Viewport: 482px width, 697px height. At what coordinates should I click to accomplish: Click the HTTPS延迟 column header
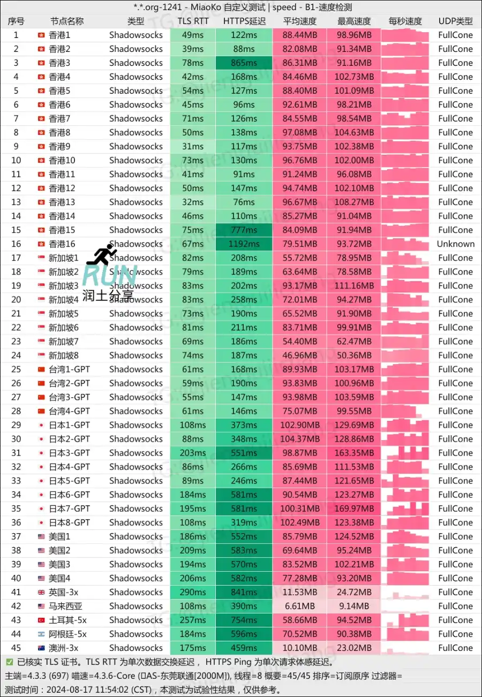click(244, 21)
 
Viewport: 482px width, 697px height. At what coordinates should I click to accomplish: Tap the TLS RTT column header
click(193, 21)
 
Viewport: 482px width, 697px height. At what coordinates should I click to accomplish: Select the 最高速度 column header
click(354, 21)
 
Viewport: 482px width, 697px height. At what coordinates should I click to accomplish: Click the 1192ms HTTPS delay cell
click(244, 244)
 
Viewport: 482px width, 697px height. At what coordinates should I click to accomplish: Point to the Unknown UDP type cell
click(455, 244)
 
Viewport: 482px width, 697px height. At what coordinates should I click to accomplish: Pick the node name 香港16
click(62, 244)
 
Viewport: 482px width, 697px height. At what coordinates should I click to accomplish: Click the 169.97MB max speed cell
click(354, 509)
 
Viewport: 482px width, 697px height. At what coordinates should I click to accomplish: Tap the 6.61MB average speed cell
click(300, 606)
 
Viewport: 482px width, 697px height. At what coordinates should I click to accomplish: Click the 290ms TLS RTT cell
click(193, 592)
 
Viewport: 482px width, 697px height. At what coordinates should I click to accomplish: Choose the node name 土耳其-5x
click(67, 620)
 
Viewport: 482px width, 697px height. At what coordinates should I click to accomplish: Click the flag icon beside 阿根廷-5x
click(41, 634)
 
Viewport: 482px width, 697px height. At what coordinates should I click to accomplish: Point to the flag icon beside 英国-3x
click(41, 592)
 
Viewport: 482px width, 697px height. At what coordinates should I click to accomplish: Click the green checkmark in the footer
click(10, 662)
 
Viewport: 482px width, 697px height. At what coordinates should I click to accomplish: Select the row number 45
click(16, 648)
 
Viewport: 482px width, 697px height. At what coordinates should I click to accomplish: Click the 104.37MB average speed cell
click(300, 439)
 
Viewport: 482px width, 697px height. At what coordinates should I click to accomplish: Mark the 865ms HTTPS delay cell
click(244, 63)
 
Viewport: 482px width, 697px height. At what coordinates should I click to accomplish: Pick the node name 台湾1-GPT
click(69, 369)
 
